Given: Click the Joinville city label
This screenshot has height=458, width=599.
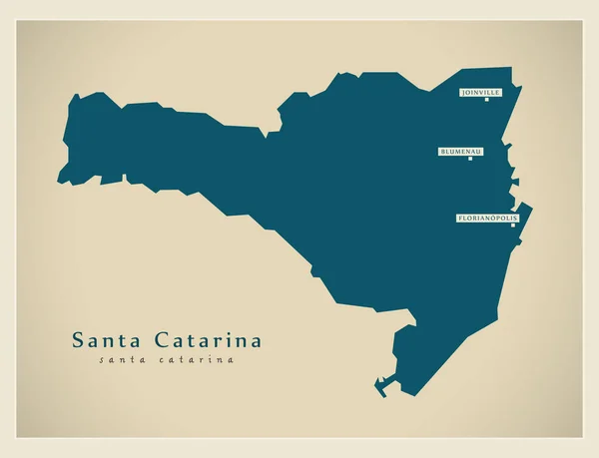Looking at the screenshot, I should (480, 92).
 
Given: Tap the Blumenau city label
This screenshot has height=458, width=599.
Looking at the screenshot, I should (460, 152).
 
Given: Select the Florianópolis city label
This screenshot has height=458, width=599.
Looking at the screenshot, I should (488, 218).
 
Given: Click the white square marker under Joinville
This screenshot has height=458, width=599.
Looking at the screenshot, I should (486, 99).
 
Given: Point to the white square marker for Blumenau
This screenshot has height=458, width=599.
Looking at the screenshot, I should (470, 159).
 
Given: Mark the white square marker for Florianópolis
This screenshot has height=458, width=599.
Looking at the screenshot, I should (513, 225).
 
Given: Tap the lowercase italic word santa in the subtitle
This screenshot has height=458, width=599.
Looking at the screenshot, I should (124, 359).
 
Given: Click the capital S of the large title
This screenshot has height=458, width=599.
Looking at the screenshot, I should (78, 340).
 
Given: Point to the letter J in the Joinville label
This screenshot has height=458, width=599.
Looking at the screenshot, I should (463, 92).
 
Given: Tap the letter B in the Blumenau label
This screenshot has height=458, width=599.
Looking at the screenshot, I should (441, 152).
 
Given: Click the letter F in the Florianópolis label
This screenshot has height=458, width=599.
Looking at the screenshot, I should (459, 218).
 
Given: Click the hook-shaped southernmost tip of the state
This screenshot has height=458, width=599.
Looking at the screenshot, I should (379, 383).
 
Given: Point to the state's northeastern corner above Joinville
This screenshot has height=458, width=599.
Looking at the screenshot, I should (509, 70).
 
